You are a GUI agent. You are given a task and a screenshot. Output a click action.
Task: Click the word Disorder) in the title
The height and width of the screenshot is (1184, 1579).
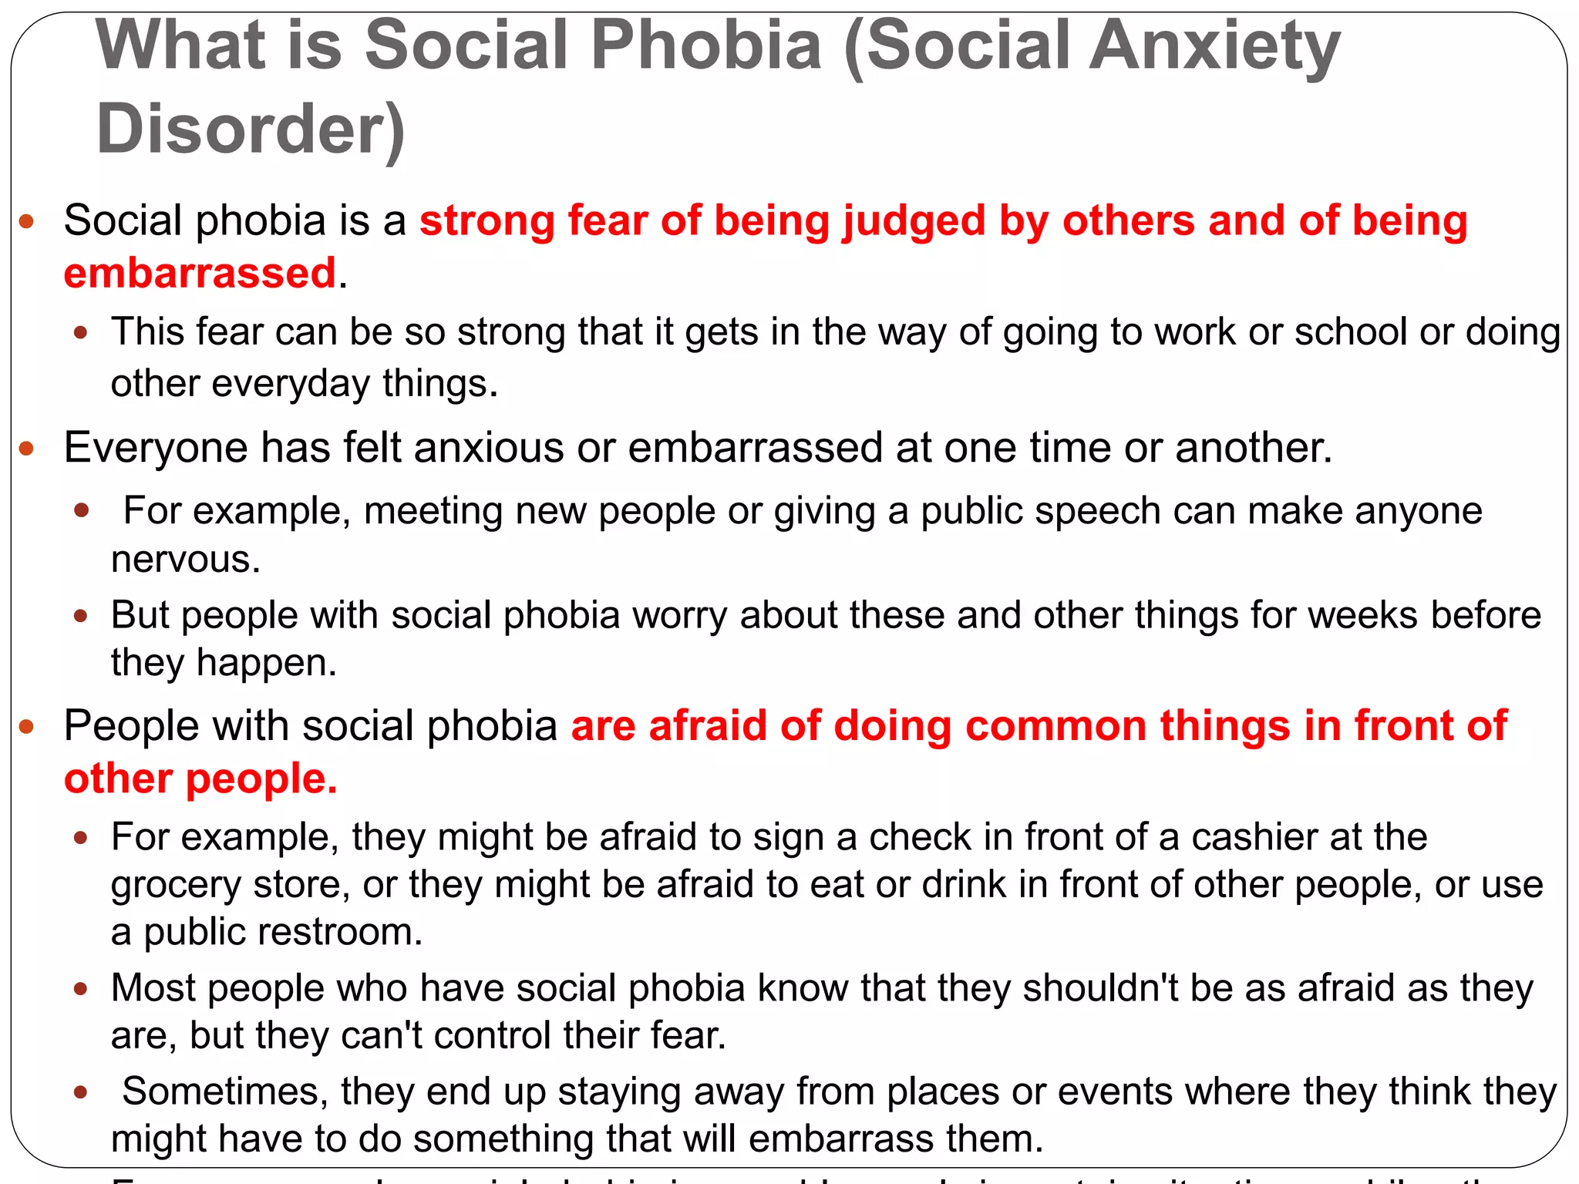point(251,129)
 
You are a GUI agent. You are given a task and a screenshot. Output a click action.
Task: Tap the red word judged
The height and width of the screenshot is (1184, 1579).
point(914,222)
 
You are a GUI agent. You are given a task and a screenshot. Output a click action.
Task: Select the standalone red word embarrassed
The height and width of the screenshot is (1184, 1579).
point(200,274)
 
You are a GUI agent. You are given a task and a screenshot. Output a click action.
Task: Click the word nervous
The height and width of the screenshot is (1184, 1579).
point(185,560)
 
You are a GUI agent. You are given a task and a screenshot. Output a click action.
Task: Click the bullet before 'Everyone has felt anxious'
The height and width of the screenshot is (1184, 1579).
point(27,448)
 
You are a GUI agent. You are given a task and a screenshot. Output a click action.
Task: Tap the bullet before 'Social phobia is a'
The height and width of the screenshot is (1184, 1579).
point(27,223)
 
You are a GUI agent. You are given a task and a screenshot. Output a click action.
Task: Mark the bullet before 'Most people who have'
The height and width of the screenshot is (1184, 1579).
point(81,989)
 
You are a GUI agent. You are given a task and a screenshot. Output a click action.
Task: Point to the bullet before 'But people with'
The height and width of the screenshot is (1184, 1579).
point(81,616)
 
